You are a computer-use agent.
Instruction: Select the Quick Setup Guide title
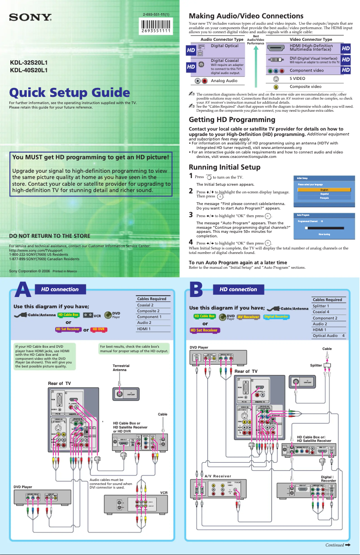pyautogui.click(x=70, y=93)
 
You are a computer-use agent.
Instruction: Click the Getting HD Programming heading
pyautogui.click(x=232, y=120)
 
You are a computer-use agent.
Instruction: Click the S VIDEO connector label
pyautogui.click(x=297, y=79)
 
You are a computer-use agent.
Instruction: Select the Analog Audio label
pyautogui.click(x=224, y=81)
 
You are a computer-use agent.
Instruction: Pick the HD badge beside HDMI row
pyautogui.click(x=346, y=48)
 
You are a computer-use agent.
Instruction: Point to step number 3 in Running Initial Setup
pyautogui.click(x=191, y=215)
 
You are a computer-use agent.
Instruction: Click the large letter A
pyautogui.click(x=23, y=290)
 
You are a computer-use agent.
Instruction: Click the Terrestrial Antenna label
pyautogui.click(x=121, y=368)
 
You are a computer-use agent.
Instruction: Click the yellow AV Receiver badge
pyautogui.click(x=248, y=316)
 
